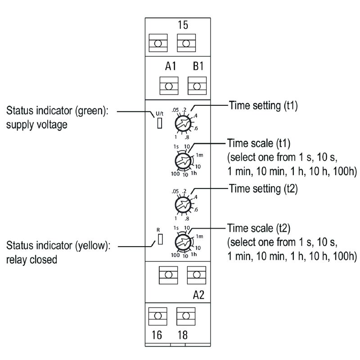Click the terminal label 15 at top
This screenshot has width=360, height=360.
click(183, 25)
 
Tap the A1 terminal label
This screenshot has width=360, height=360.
click(171, 66)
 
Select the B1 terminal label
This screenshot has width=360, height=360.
click(198, 66)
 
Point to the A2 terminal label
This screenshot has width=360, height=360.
click(198, 295)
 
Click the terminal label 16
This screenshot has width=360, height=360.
click(157, 335)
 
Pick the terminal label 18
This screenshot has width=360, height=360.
click(183, 335)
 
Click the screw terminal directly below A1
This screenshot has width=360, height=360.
click(169, 86)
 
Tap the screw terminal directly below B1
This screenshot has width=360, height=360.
click(197, 86)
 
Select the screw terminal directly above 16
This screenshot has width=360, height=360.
click(158, 316)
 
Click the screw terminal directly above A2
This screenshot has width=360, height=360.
click(197, 275)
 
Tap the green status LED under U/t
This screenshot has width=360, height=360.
click(160, 123)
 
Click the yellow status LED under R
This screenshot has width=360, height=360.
click(161, 239)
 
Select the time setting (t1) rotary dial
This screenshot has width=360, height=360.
click(183, 124)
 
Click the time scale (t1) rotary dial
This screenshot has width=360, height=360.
click(183, 161)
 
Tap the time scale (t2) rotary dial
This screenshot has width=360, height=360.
click(183, 242)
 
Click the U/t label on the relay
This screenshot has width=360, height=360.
click(160, 113)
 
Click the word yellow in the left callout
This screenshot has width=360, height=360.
click(93, 246)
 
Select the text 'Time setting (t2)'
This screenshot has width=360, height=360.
click(263, 189)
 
